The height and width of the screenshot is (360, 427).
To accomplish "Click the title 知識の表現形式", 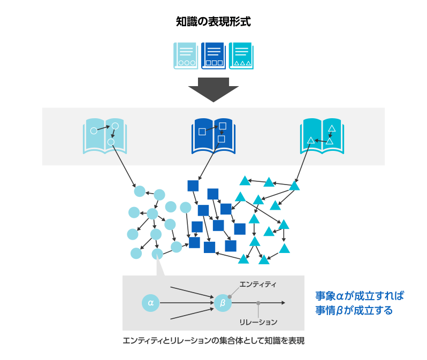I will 213,22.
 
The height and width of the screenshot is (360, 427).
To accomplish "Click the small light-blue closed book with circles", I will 186,56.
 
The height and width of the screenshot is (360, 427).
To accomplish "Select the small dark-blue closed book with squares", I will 213,56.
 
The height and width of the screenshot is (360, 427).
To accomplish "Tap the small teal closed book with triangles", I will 241,56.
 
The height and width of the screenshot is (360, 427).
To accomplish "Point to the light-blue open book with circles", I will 105,136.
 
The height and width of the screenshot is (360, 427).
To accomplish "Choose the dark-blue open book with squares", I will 213,136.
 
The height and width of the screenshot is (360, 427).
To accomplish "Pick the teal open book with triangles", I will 322,136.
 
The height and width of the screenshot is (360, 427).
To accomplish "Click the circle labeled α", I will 150,303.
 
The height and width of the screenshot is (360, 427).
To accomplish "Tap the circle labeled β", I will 223,303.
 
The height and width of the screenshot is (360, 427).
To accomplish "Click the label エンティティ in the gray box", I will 258,285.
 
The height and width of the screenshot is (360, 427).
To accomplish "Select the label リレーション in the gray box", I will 258,322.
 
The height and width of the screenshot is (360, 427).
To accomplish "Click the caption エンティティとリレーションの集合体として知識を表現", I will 213,341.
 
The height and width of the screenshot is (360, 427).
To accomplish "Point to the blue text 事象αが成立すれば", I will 359,296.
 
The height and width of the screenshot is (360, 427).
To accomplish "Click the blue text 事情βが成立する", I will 354,310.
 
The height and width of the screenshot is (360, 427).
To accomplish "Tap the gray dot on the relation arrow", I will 258,303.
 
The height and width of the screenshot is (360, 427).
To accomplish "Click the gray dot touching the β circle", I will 230,296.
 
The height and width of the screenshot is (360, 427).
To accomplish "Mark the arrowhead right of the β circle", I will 283,303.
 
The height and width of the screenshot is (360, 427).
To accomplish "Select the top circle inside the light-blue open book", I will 115,126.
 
